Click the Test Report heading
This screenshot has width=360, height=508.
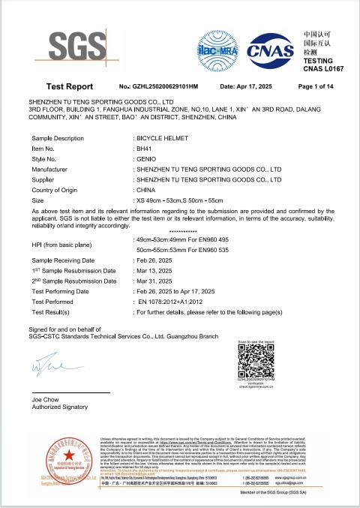click(x=69, y=87)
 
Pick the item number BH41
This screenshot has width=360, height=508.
click(x=143, y=149)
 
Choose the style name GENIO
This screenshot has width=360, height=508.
click(x=145, y=160)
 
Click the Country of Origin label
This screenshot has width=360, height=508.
click(x=60, y=191)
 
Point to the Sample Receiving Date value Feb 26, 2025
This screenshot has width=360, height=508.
click(x=155, y=260)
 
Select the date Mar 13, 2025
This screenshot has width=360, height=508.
click(x=155, y=270)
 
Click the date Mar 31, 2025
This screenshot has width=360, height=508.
click(x=155, y=281)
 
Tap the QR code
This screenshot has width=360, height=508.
click(x=256, y=359)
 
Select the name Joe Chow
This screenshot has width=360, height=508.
click(x=44, y=399)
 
